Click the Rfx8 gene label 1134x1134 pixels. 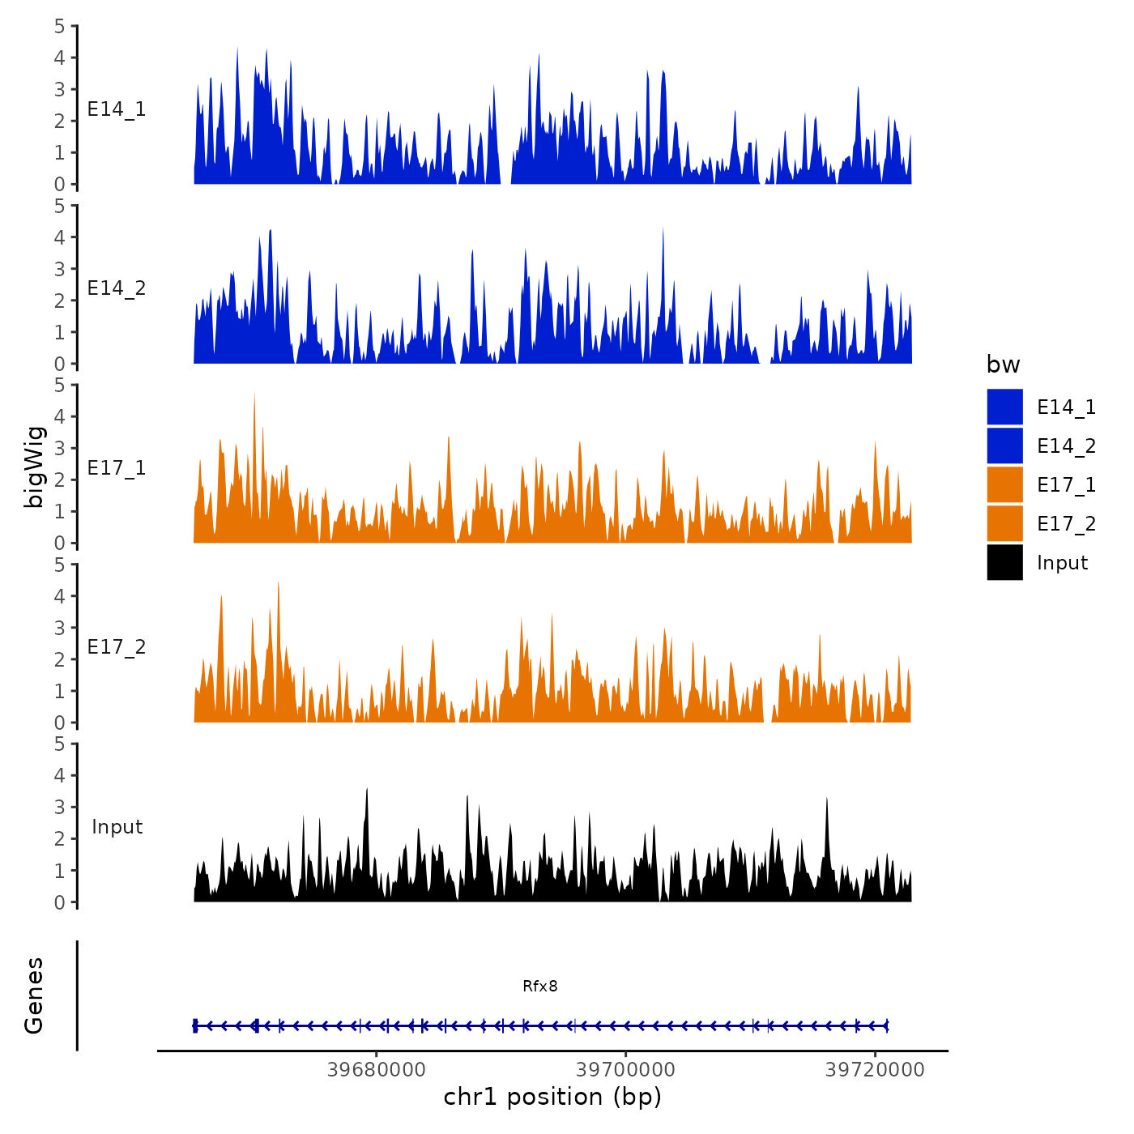539,986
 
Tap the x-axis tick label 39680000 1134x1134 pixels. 376,1069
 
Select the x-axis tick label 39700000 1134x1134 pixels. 625,1069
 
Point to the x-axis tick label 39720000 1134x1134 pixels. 875,1069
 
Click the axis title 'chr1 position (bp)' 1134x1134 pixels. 552,1097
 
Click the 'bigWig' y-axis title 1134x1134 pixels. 34,467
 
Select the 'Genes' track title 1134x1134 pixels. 34,995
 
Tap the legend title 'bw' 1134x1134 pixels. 1003,364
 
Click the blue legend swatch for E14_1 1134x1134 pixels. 1004,407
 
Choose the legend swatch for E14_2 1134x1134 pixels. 1004,446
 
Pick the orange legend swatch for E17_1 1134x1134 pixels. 1004,484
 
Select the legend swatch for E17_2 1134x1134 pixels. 1004,523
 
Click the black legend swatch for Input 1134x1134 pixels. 1004,562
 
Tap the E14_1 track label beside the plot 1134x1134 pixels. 117,109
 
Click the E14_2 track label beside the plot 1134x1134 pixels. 117,288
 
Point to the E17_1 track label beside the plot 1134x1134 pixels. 117,468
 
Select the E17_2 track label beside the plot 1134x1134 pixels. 117,647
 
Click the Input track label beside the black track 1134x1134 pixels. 117,826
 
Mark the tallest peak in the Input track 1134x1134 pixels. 367,790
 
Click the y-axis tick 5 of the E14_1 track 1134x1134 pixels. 59,26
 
